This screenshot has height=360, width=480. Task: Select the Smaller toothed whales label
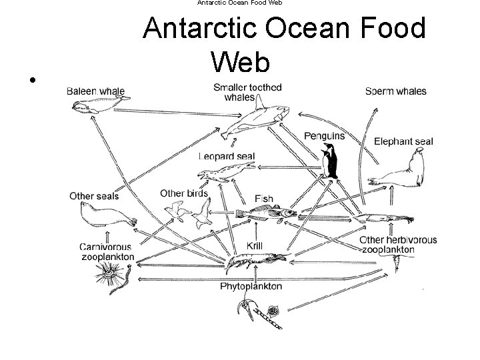click(247, 92)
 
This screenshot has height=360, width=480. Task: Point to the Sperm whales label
click(396, 91)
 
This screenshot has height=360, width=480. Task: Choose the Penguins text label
click(325, 136)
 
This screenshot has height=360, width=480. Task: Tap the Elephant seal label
click(403, 141)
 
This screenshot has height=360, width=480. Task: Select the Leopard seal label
click(227, 157)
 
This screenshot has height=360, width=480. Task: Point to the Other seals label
click(94, 195)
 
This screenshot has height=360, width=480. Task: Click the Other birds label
click(184, 194)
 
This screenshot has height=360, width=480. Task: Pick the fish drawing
click(267, 214)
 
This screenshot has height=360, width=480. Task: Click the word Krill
click(255, 246)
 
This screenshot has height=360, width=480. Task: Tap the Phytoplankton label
click(251, 287)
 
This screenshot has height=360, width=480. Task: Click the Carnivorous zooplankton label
click(107, 251)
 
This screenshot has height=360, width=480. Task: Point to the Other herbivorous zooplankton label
click(398, 245)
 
